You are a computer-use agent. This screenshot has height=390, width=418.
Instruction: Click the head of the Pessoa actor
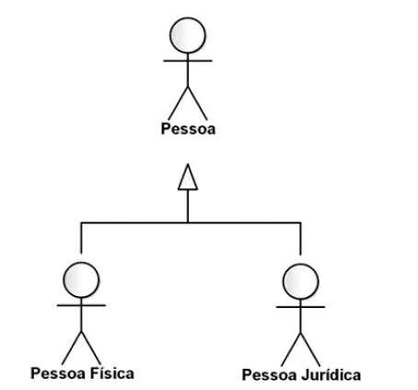(188, 35)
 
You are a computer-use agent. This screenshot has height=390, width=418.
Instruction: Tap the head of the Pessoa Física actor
(81, 280)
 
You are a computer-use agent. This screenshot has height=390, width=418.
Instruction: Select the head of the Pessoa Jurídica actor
(301, 281)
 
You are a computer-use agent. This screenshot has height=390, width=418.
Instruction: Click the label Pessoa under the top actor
(188, 129)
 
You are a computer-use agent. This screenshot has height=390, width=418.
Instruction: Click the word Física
(112, 373)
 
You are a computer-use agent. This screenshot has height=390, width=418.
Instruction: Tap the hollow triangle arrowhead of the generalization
(188, 177)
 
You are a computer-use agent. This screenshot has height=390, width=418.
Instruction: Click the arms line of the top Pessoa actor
(188, 61)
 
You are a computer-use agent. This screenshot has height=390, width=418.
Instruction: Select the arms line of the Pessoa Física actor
(81, 305)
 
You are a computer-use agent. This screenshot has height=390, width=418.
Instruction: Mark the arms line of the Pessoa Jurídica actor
(301, 307)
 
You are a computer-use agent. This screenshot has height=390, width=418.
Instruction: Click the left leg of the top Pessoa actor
(178, 103)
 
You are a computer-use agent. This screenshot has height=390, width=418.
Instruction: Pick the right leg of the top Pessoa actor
(198, 103)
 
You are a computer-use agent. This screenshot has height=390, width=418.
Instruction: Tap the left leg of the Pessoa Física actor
(72, 349)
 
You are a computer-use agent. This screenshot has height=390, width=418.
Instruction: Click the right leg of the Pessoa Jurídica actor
(310, 349)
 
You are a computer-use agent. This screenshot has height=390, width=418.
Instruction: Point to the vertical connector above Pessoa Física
(81, 238)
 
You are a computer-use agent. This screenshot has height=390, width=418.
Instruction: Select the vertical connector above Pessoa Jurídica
(301, 239)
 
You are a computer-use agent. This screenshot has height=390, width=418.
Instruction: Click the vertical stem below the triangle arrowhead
(188, 206)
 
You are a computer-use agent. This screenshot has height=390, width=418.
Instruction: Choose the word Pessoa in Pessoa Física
(58, 373)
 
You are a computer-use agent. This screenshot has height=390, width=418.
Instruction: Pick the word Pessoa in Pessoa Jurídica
(270, 375)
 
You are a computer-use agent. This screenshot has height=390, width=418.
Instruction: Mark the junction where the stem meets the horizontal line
(188, 222)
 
